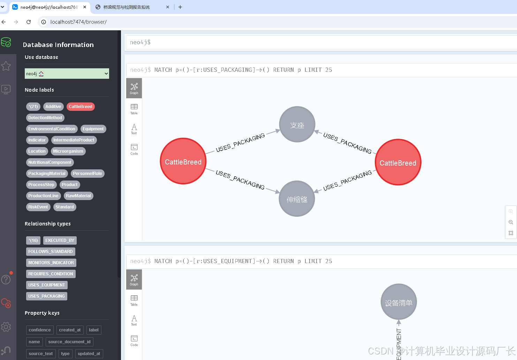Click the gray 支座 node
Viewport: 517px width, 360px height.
coord(297,124)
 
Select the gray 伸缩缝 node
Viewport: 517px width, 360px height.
coord(297,199)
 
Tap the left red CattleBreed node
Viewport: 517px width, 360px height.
coord(183,161)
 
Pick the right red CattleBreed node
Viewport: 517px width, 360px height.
coord(398,162)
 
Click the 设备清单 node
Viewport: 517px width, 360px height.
coord(398,302)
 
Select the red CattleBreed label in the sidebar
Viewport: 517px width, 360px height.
coord(81,107)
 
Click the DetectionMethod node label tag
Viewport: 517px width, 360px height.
coord(45,118)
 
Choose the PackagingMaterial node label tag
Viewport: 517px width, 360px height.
coord(47,174)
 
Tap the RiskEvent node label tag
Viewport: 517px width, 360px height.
coord(38,207)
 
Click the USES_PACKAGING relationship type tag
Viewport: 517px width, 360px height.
coord(47,296)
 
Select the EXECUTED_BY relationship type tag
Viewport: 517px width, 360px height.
coord(60,240)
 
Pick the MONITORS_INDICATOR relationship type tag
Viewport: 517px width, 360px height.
coord(51,263)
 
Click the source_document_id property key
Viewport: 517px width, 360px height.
coord(69,342)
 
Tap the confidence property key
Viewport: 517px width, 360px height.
coord(40,330)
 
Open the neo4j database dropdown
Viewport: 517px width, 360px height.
coord(67,74)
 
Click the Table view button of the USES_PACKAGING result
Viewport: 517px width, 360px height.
coord(134,109)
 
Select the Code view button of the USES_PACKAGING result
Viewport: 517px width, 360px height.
coord(134,150)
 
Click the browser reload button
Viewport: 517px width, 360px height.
coord(29,22)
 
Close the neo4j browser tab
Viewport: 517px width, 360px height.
coord(85,7)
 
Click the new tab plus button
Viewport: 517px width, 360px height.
coord(180,7)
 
